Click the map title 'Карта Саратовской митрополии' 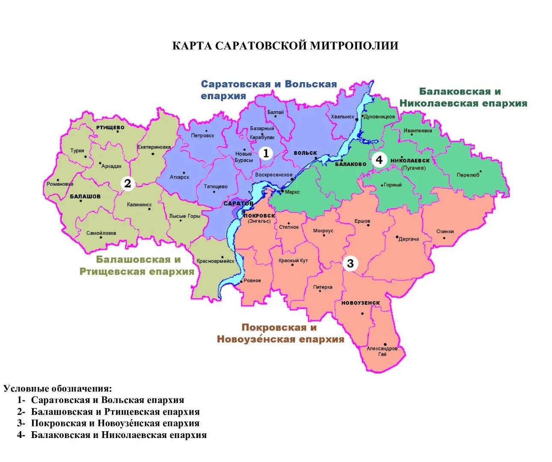pyautogui.click(x=285, y=46)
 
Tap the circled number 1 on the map pyautogui.click(x=266, y=153)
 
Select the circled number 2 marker pyautogui.click(x=127, y=184)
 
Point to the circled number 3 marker pyautogui.click(x=350, y=264)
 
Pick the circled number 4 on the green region pyautogui.click(x=379, y=160)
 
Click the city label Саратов pyautogui.click(x=238, y=204)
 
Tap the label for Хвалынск pyautogui.click(x=342, y=117)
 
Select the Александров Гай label pyautogui.click(x=382, y=351)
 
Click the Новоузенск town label pyautogui.click(x=360, y=303)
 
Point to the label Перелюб pyautogui.click(x=468, y=175)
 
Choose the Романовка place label pyautogui.click(x=60, y=184)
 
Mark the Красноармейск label pyautogui.click(x=215, y=261)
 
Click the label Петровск pyautogui.click(x=202, y=136)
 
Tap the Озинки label pyautogui.click(x=445, y=231)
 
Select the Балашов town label pyautogui.click(x=85, y=196)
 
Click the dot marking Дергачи pyautogui.click(x=397, y=237)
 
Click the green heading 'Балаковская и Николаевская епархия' pyautogui.click(x=463, y=98)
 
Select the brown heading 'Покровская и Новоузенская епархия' pyautogui.click(x=280, y=333)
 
